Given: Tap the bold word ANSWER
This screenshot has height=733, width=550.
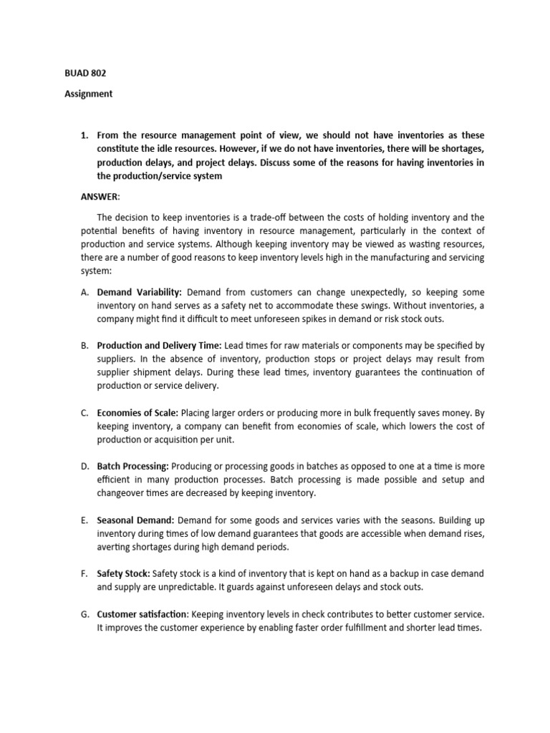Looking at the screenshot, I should tap(100, 197).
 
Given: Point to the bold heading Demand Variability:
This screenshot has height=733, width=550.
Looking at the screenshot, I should tap(140, 293).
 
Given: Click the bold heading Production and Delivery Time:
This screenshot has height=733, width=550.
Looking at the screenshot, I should tap(159, 346).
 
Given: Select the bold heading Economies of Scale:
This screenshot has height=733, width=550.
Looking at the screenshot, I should tap(137, 413).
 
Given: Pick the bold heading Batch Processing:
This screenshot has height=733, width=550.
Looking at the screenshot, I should tap(132, 467).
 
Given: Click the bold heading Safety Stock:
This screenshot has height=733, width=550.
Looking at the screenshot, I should tap(123, 574).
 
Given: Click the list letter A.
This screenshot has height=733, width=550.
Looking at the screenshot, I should tap(84, 293).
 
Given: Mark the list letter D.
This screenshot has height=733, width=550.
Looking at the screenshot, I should tap(84, 467).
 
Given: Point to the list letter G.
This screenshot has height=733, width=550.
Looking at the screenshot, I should tap(84, 614).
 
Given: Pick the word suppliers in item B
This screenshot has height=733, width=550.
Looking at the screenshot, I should tap(117, 359).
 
